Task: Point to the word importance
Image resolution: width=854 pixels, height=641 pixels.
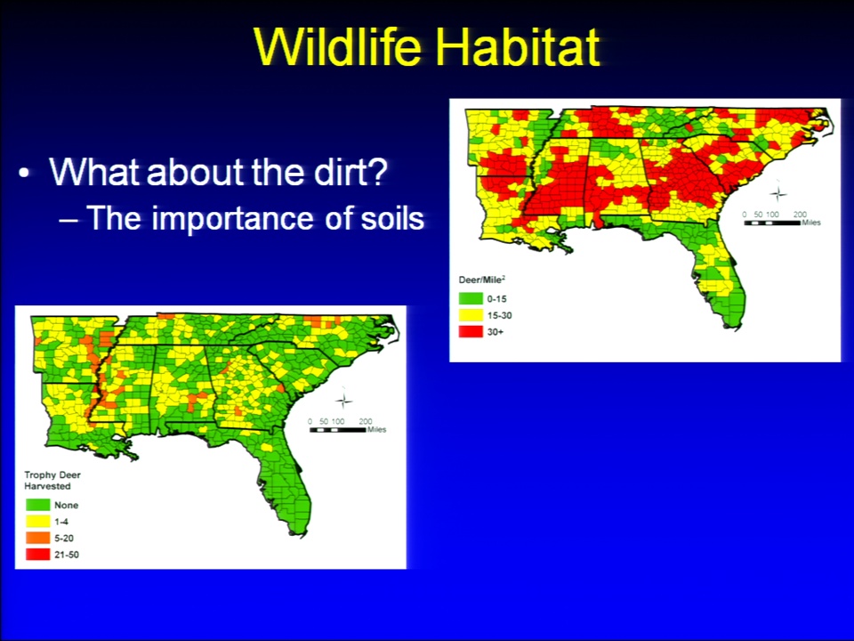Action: coord(232,219)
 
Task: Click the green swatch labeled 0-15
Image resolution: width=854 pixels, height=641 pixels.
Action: coord(471,299)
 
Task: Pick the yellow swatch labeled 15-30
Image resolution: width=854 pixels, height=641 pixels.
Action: coord(471,315)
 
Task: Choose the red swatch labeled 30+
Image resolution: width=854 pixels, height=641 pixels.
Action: coord(471,331)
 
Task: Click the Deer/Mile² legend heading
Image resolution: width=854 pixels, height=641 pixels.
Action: coord(482,280)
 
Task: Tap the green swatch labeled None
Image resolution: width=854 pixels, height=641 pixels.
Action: coord(37,505)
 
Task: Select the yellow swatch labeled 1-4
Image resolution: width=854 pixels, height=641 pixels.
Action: coord(37,521)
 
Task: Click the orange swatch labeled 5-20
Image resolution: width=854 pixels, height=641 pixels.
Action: coord(37,538)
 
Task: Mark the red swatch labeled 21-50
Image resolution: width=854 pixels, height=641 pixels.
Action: coord(37,555)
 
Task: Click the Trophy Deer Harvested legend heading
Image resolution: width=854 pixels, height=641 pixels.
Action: coord(52,480)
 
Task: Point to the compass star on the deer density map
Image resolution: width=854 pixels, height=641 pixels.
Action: coord(777,193)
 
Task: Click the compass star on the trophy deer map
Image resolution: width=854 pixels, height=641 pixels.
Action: coord(343,401)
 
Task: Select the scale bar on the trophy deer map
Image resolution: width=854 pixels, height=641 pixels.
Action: coord(338,429)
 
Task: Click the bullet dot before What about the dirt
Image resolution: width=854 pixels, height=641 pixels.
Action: coord(24,174)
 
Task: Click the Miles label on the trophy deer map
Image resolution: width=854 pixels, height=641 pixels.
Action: coord(376,429)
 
